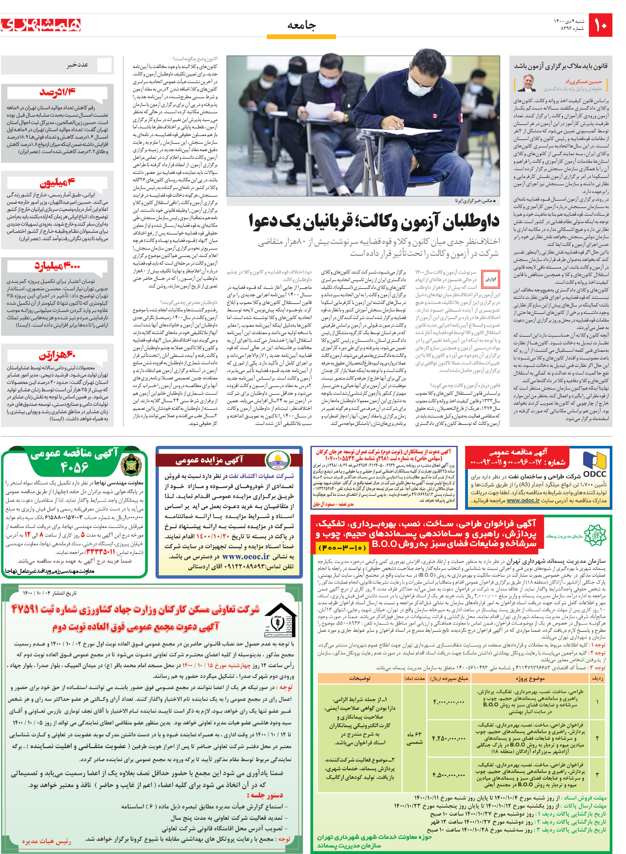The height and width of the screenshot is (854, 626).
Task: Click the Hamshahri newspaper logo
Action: (x=41, y=25)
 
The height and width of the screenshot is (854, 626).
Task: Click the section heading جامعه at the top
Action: (x=301, y=25)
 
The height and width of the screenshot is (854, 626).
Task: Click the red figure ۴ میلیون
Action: (x=57, y=183)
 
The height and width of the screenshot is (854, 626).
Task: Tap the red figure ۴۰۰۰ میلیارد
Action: (x=57, y=265)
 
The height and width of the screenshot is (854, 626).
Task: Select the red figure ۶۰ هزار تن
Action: (x=57, y=355)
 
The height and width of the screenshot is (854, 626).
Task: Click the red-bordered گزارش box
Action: (x=491, y=279)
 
